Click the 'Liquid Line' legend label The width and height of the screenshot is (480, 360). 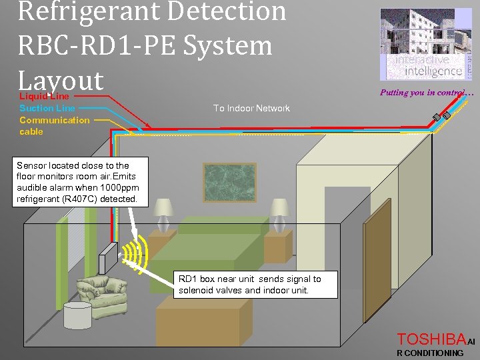coord(44,96)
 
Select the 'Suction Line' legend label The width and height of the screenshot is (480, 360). coord(47,108)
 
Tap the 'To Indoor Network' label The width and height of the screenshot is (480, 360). coord(251,108)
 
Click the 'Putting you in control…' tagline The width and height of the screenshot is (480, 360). coord(426,93)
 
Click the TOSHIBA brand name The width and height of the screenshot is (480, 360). coord(431,339)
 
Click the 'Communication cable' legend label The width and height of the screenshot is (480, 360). coord(53,126)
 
